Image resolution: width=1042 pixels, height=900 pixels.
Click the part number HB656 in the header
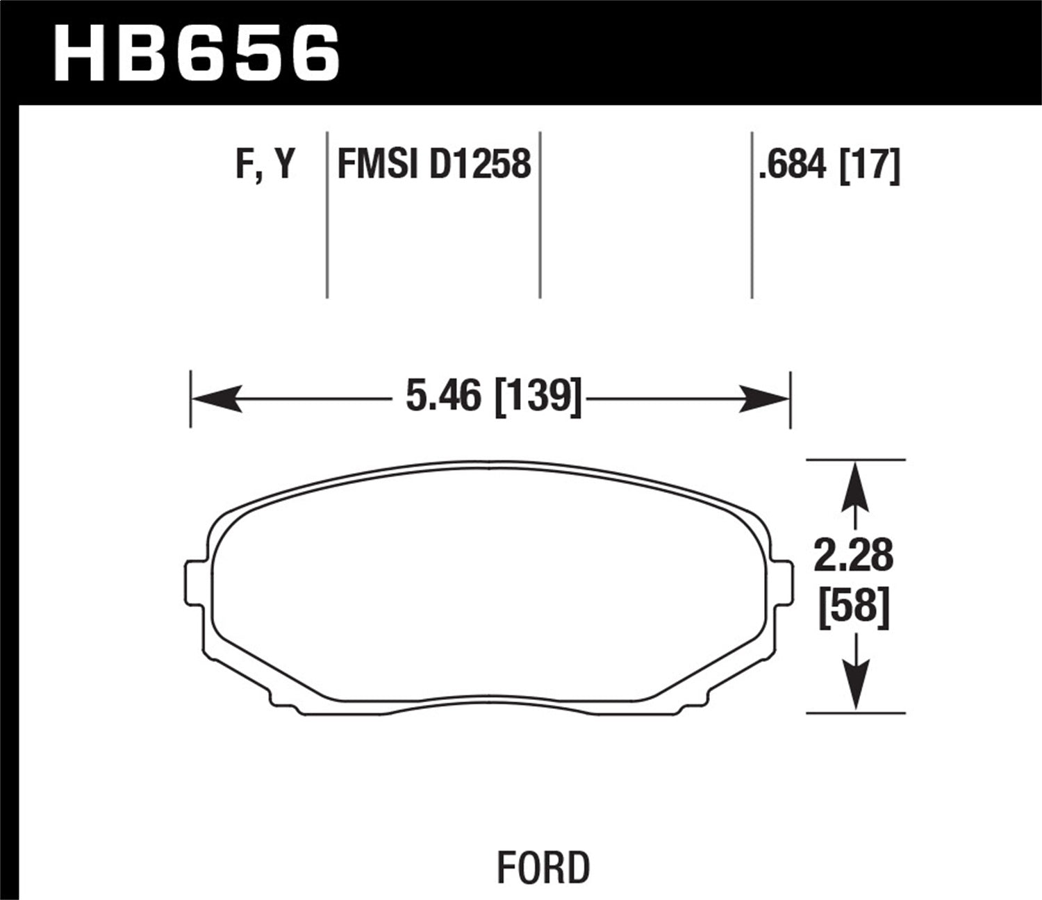tap(197, 52)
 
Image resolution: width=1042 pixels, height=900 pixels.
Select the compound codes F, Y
tap(266, 165)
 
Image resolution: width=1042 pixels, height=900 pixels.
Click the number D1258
tap(480, 165)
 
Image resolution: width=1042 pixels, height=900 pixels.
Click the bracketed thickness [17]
tap(870, 165)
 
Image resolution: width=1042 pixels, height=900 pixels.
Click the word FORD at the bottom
tap(543, 867)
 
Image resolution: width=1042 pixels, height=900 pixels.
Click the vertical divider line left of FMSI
tap(327, 215)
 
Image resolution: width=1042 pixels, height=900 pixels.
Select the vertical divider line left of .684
tap(752, 215)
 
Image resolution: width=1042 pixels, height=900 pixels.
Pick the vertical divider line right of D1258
tap(540, 215)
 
